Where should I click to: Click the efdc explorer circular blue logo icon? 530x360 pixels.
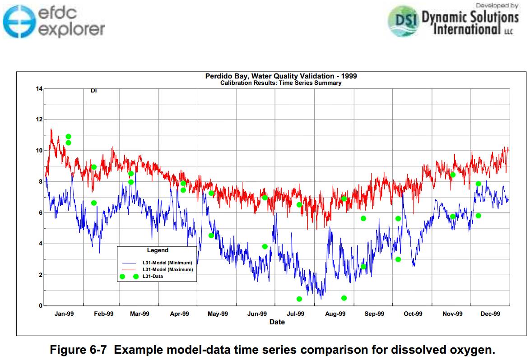[x=19, y=21]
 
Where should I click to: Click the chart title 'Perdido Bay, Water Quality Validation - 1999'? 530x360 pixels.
[x=281, y=76]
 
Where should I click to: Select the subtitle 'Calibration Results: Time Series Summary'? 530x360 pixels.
[x=281, y=83]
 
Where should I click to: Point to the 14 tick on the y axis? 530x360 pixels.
[x=39, y=89]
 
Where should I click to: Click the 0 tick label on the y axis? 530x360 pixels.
[x=41, y=305]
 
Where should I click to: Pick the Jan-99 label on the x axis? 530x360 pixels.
[x=64, y=314]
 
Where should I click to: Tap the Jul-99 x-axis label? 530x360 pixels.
[x=295, y=314]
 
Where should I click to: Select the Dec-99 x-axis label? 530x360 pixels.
[x=490, y=314]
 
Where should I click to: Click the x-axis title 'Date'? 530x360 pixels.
[x=277, y=322]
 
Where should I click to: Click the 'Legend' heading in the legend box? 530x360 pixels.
[x=158, y=250]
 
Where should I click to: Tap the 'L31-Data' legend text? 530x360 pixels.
[x=153, y=276]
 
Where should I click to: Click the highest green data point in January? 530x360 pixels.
[x=68, y=136]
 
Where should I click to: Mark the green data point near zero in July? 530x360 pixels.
[x=299, y=299]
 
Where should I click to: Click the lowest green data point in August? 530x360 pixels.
[x=344, y=298]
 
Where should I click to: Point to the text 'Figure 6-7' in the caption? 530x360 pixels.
[x=78, y=350]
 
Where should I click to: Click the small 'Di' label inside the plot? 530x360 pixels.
[x=93, y=91]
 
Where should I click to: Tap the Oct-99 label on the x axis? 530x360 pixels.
[x=413, y=314]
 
